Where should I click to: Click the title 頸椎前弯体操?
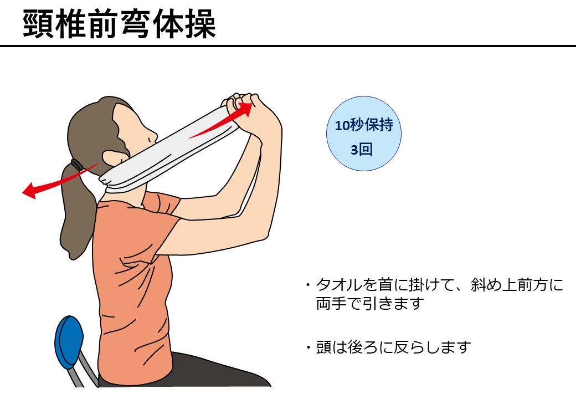(119, 24)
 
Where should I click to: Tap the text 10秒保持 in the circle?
(364, 125)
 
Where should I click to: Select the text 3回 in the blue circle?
(362, 150)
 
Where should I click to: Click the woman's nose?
(151, 137)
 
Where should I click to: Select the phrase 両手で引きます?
(370, 304)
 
